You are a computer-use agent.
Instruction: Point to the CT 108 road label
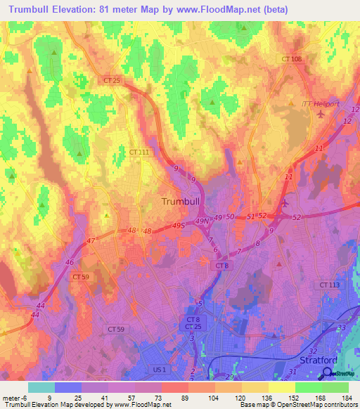(291, 60)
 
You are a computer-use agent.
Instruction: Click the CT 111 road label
(139, 152)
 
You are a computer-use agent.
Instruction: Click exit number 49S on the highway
(179, 226)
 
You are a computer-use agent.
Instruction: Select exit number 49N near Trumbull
(202, 221)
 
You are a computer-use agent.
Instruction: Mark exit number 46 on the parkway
(70, 261)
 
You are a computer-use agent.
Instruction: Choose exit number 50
(230, 218)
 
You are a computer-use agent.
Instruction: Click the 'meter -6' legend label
(14, 398)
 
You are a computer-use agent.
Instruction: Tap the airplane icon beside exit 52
(284, 204)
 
